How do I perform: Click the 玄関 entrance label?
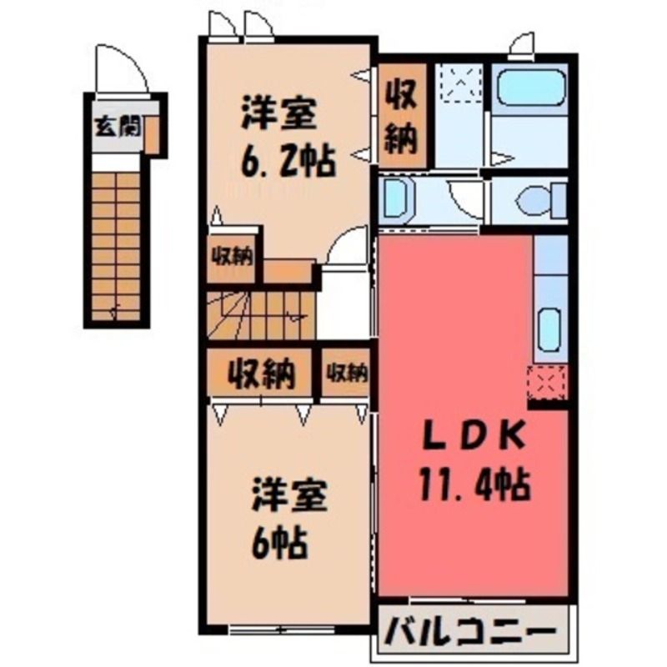(x=118, y=127)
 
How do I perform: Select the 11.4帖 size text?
(x=474, y=484)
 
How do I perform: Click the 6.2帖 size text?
(x=288, y=161)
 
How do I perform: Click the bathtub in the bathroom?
(x=530, y=87)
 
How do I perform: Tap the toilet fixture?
(x=540, y=199)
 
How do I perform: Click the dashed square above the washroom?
(x=461, y=83)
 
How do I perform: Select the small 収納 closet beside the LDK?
(x=346, y=373)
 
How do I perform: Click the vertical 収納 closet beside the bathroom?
(x=401, y=116)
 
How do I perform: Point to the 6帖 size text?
(x=278, y=543)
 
